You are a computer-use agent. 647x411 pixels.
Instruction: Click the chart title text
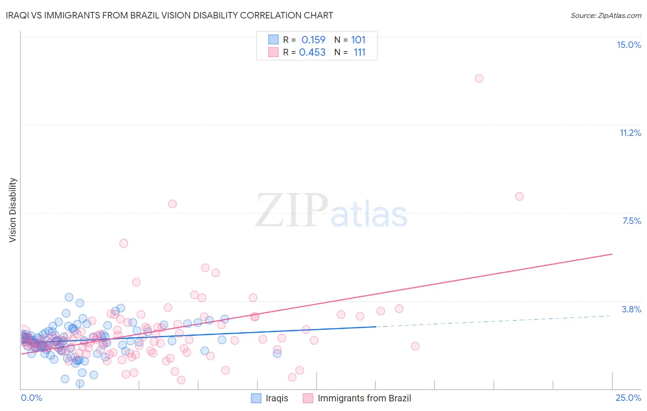(x=169, y=15)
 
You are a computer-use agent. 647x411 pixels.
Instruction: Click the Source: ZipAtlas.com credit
(x=606, y=16)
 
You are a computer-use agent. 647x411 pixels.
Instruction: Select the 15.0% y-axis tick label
(x=629, y=45)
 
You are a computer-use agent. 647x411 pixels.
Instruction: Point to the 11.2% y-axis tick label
(x=630, y=133)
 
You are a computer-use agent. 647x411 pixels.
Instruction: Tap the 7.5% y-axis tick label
(x=631, y=221)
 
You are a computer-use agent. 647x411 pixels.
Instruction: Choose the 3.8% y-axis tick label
(x=631, y=309)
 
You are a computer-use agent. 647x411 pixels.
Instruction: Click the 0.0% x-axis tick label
(x=31, y=398)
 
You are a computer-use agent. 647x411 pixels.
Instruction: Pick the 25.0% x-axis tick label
(x=628, y=398)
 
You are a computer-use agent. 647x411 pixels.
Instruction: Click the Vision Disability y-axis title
(x=13, y=210)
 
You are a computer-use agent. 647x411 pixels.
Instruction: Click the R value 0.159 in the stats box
(x=313, y=40)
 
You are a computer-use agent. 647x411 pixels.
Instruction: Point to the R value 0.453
(x=312, y=53)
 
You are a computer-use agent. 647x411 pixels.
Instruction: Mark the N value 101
(x=358, y=40)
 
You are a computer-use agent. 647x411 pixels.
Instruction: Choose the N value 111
(x=359, y=53)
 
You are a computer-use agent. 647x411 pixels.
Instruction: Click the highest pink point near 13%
(x=479, y=78)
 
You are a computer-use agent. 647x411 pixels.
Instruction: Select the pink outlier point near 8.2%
(x=520, y=196)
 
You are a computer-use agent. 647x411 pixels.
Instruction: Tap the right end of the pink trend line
(x=612, y=254)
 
